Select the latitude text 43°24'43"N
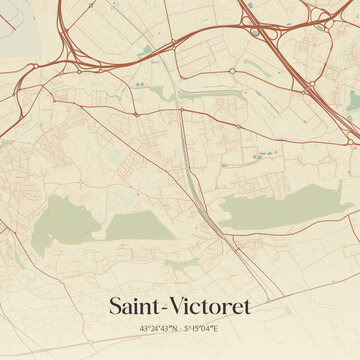159,329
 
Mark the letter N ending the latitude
175,329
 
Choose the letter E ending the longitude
216,329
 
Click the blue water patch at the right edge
354,100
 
